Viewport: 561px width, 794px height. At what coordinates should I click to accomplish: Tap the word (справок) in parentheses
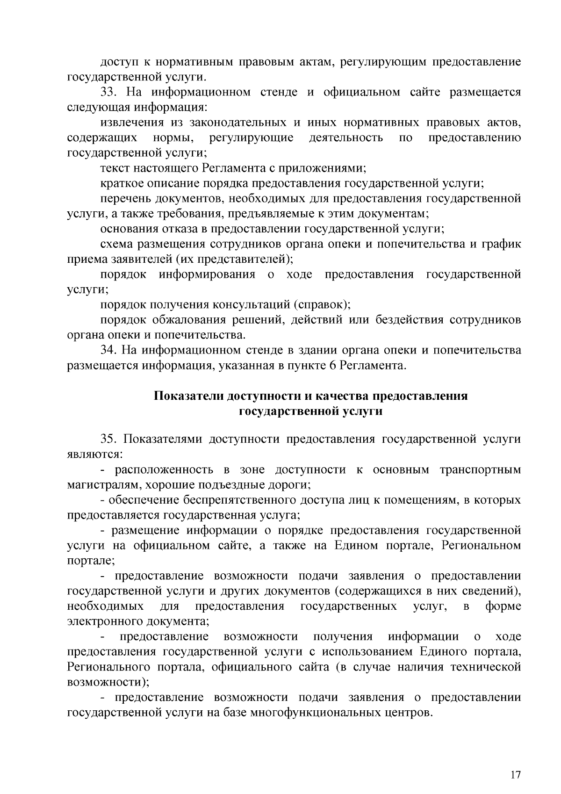point(322,305)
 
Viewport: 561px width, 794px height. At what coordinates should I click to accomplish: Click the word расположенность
point(164,469)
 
